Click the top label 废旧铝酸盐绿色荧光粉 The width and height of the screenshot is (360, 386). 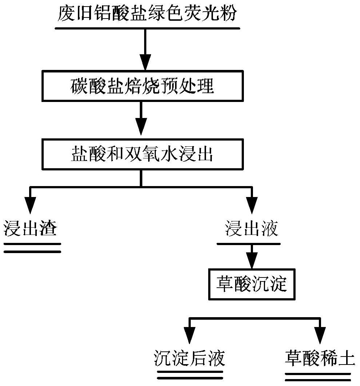point(147,13)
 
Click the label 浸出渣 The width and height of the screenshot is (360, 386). point(30,228)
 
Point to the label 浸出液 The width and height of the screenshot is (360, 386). point(252,228)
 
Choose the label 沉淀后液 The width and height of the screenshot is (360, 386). point(190,358)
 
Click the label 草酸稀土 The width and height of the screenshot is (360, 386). point(320,358)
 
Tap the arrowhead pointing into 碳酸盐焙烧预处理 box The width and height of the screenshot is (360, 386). point(145,62)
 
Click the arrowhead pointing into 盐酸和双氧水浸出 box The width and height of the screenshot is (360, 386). point(141,126)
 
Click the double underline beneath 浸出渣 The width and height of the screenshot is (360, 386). point(32,248)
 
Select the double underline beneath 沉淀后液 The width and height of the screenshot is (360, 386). point(190,375)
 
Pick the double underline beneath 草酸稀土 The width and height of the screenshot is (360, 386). point(318,377)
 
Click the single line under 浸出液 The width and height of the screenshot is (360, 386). point(249,244)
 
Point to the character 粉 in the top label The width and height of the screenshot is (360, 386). point(228,13)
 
